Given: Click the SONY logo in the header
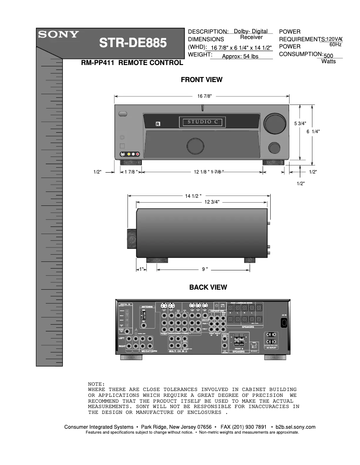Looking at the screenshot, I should pos(58,35).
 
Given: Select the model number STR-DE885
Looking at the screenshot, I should pos(132,43).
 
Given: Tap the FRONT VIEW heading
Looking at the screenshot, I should pos(202,80).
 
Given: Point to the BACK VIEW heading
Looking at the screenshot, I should pos(208,287).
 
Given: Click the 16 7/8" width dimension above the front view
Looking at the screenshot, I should pos(204,96).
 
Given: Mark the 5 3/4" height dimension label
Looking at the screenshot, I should pos(300,123).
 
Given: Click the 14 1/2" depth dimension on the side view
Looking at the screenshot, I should pos(193,196).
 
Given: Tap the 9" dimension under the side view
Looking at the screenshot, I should pos(205,269).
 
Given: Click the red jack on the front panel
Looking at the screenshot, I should pos(138,155).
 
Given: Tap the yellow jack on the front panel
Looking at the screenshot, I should pos(129,155).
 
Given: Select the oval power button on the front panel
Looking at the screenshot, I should pos(123,114).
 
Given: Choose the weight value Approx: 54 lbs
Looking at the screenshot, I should pos(240,56).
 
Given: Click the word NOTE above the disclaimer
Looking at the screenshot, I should pos(96,384).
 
